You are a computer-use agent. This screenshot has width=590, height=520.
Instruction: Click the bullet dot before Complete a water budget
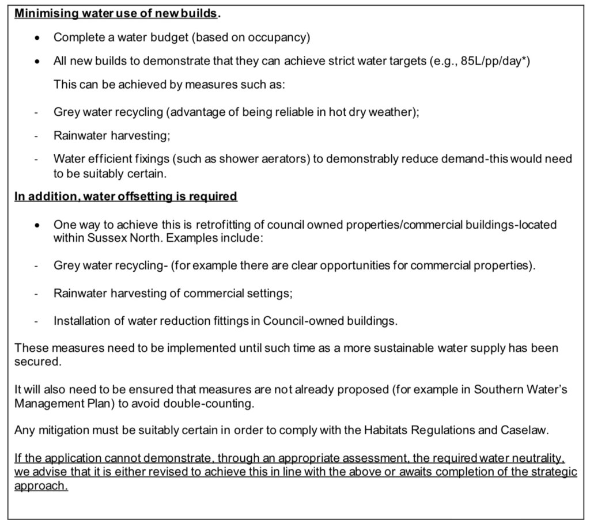[x=37, y=38]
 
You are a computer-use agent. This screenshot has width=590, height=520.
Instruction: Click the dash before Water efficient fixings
[x=36, y=160]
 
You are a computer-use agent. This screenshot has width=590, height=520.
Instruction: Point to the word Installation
[x=81, y=321]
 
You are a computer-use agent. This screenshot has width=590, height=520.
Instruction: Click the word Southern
[x=494, y=390]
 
